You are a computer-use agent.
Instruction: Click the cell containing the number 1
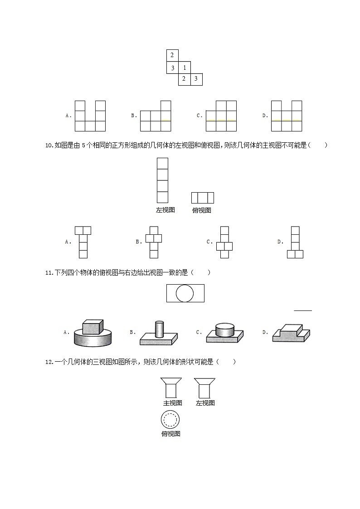(x=185, y=68)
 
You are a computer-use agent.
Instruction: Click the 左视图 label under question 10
(x=165, y=210)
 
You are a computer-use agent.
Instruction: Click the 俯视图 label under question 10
(x=202, y=210)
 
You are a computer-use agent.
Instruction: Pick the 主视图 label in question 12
(x=173, y=403)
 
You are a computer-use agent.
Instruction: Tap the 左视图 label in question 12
(x=205, y=403)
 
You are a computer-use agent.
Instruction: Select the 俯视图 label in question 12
(x=170, y=434)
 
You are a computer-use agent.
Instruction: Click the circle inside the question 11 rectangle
(x=185, y=293)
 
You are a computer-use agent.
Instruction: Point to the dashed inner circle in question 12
(x=170, y=420)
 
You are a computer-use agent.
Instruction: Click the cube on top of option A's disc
(x=92, y=327)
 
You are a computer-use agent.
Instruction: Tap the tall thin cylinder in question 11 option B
(x=159, y=329)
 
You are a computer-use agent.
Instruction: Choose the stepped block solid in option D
(x=291, y=333)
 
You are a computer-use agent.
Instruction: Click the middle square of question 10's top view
(x=202, y=198)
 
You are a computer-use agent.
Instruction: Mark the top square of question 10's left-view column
(x=162, y=164)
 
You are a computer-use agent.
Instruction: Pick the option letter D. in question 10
(x=280, y=242)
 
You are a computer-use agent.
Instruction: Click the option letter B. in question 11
(x=133, y=332)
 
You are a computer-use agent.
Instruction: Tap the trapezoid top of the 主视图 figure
(x=170, y=381)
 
